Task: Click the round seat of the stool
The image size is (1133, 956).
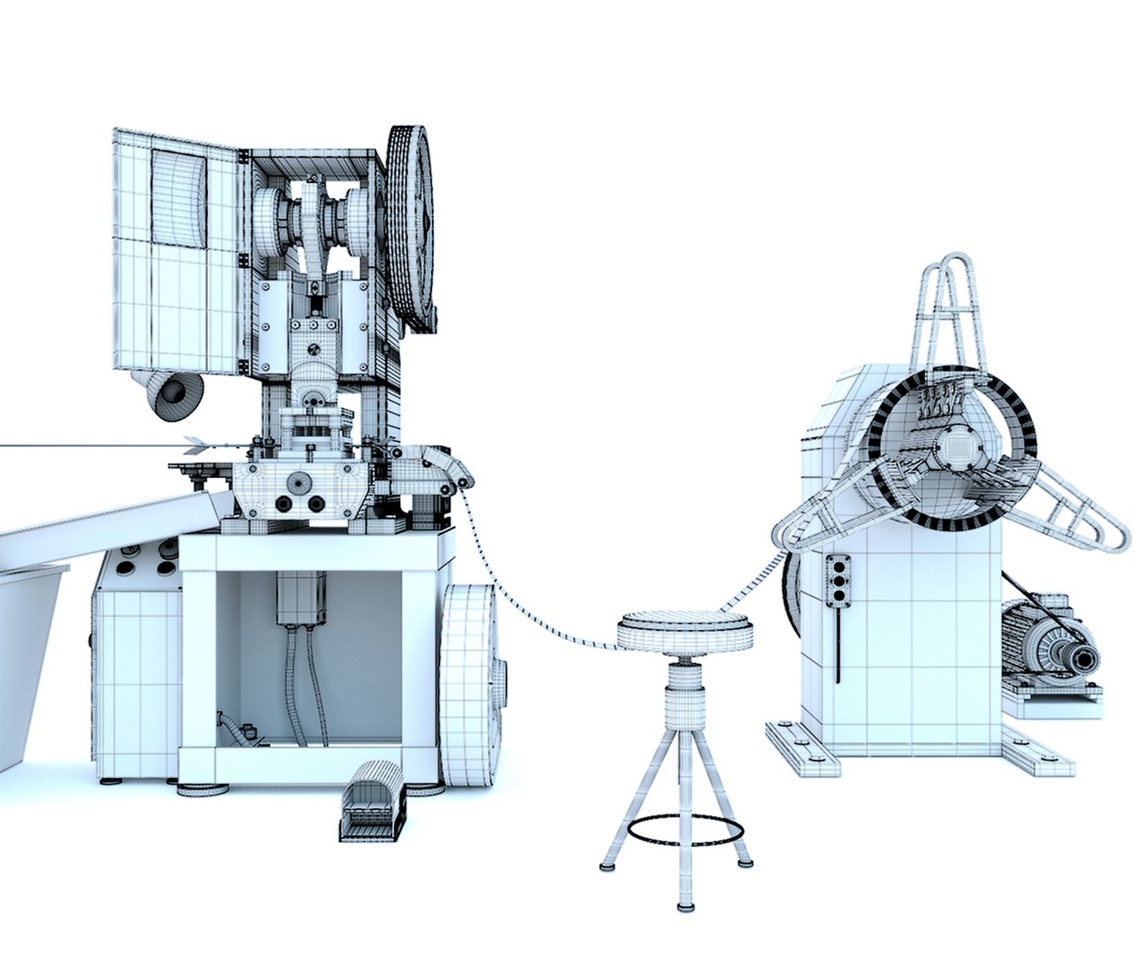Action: pos(685,630)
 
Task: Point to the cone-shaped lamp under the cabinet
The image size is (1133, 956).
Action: pos(172,394)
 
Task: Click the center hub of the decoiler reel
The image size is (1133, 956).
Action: pos(956,447)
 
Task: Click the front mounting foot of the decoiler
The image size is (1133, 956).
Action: pos(800,748)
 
